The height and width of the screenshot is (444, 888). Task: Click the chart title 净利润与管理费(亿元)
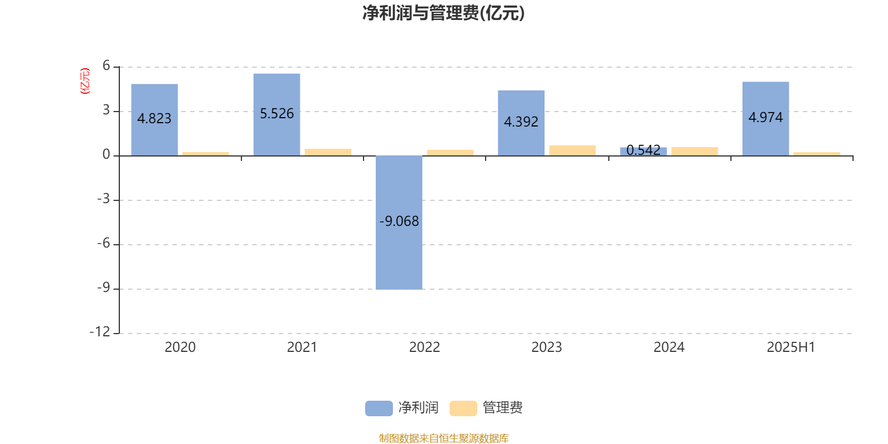(x=443, y=13)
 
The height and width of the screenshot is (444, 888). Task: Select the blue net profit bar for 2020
(x=155, y=120)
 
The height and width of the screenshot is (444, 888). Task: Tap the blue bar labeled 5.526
(x=277, y=114)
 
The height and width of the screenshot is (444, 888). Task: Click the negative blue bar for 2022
(x=399, y=223)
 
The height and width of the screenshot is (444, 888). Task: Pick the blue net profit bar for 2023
(x=521, y=123)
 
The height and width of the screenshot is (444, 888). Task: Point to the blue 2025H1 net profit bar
(x=765, y=119)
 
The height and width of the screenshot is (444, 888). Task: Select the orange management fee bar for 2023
(x=572, y=150)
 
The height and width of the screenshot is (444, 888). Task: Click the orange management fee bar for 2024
(x=694, y=152)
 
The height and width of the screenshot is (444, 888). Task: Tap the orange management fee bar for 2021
(x=328, y=152)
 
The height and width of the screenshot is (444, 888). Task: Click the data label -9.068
(x=399, y=221)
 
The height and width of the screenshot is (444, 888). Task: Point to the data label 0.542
(x=643, y=150)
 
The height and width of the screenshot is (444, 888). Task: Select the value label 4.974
(x=765, y=117)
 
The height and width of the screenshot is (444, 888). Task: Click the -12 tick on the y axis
(x=100, y=332)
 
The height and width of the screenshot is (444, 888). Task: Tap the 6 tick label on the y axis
(x=106, y=65)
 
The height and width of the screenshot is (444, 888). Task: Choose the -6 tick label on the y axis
(x=103, y=243)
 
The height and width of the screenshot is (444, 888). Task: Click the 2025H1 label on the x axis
(x=791, y=347)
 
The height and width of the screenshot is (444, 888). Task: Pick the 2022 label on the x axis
(x=425, y=347)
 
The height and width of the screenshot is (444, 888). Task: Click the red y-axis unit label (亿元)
(x=85, y=81)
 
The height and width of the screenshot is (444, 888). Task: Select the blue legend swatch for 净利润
(x=379, y=408)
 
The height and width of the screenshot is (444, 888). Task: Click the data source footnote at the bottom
(x=443, y=438)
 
